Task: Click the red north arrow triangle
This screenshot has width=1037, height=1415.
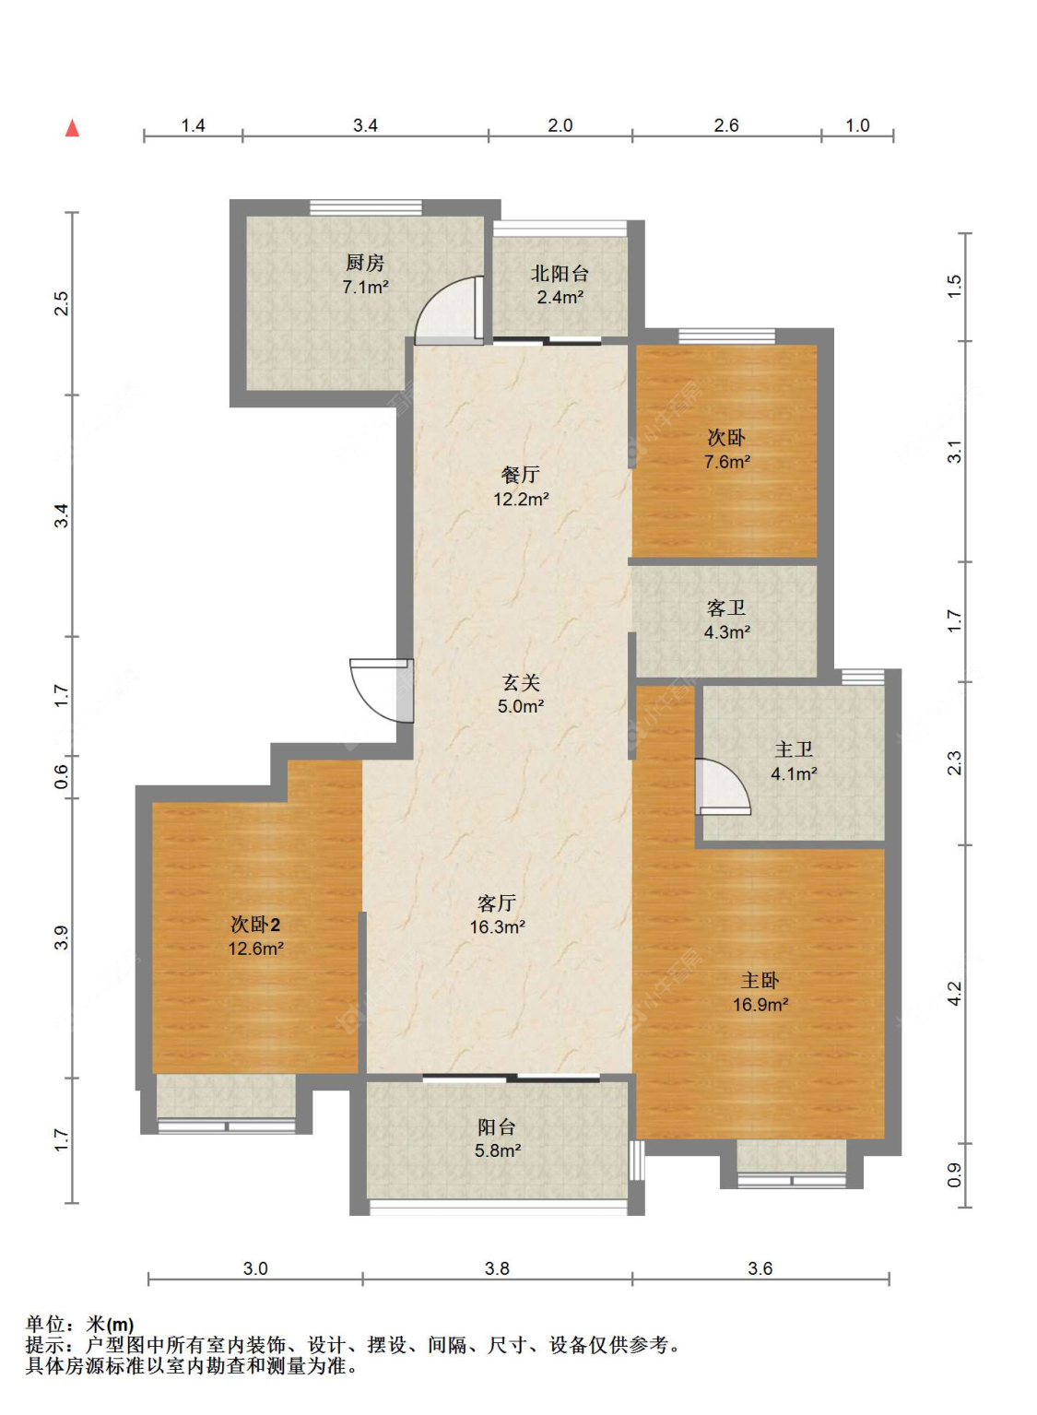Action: pyautogui.click(x=73, y=128)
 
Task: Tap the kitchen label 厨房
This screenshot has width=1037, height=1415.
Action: pyautogui.click(x=365, y=263)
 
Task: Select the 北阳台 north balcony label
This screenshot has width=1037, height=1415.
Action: pyautogui.click(x=560, y=274)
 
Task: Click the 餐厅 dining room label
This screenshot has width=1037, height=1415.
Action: pyautogui.click(x=521, y=475)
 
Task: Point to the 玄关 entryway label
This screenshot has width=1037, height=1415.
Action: pyautogui.click(x=521, y=682)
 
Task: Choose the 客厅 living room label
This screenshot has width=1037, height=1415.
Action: pyautogui.click(x=497, y=903)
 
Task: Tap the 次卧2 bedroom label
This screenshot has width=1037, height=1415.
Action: pyautogui.click(x=255, y=925)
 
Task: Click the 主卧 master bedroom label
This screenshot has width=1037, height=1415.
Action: pyautogui.click(x=760, y=981)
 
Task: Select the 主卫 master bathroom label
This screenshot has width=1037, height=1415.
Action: pyautogui.click(x=794, y=749)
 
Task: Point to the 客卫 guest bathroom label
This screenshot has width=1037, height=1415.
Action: pyautogui.click(x=726, y=607)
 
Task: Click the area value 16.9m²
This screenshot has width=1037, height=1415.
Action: pyautogui.click(x=760, y=1005)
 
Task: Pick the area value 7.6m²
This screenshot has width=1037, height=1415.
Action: pyautogui.click(x=727, y=462)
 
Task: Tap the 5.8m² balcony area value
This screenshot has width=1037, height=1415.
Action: pyautogui.click(x=498, y=1151)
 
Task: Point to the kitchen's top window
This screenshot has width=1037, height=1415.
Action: pyautogui.click(x=366, y=207)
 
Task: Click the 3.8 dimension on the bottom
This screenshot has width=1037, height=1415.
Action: pyautogui.click(x=497, y=1268)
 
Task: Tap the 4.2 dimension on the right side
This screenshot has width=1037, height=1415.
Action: pyautogui.click(x=954, y=994)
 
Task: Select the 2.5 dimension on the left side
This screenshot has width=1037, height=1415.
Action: pyautogui.click(x=61, y=303)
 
